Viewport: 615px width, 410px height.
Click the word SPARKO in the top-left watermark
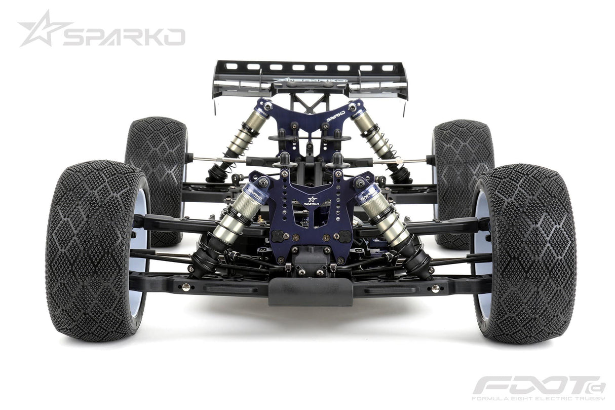coord(124,37)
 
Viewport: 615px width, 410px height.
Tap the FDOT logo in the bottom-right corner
coord(539,385)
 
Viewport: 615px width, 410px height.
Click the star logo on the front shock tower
coord(312,199)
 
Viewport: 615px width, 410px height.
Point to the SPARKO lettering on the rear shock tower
coord(336,116)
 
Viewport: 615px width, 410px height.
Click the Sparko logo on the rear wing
coord(310,81)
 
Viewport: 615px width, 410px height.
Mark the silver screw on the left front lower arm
coord(186,287)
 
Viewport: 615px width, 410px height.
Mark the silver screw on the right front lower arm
coord(435,288)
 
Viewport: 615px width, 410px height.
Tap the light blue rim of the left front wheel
coord(139,243)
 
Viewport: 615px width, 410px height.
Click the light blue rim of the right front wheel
coord(480,243)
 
